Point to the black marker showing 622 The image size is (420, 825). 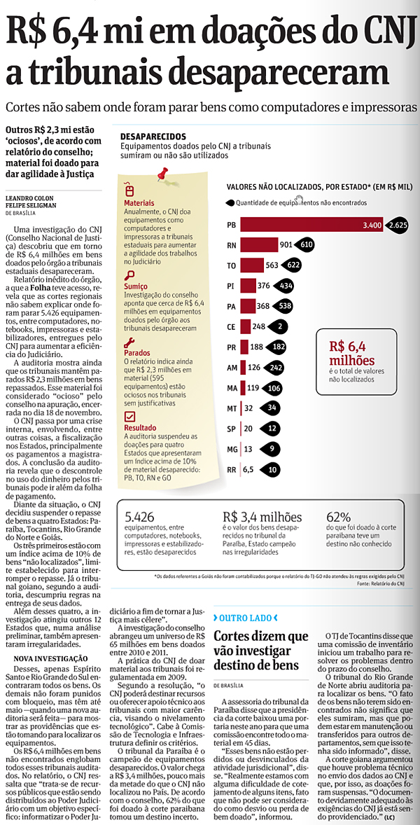pos(293,265)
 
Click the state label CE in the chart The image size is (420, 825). pos(231,326)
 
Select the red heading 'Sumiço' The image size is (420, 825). pos(136,287)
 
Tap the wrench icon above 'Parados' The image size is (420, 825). pos(129,343)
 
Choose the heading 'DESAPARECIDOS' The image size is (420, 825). pos(153,136)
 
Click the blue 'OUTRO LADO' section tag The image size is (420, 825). pos(245,618)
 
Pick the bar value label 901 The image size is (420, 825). pos(286,245)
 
